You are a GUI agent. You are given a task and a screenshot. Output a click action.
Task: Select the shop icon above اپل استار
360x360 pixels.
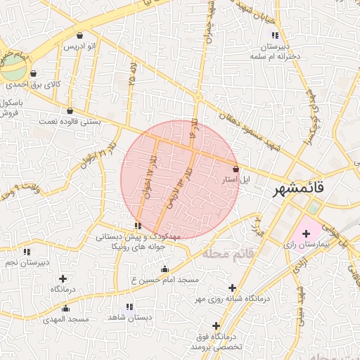coord(236,169)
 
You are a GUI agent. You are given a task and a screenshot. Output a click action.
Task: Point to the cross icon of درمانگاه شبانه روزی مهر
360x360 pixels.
coord(232,288)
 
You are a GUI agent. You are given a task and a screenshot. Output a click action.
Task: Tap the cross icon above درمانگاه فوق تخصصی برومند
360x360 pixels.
coord(216,326)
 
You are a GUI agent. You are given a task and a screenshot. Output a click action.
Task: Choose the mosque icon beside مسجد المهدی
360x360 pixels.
coord(66,308)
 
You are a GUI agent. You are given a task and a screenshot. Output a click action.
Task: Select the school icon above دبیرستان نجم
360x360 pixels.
coord(27,251)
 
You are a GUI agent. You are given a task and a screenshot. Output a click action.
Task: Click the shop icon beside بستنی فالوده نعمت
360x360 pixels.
coord(69,110)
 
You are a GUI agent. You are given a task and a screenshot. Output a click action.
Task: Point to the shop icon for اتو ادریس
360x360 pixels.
coord(79,35)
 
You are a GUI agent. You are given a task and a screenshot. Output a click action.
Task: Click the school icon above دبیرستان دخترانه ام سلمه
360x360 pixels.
coord(274,35)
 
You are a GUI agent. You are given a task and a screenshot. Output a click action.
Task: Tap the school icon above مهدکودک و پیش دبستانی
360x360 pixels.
coord(138,226)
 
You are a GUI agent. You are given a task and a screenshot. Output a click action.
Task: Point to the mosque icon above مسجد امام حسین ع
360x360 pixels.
coord(165,269)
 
